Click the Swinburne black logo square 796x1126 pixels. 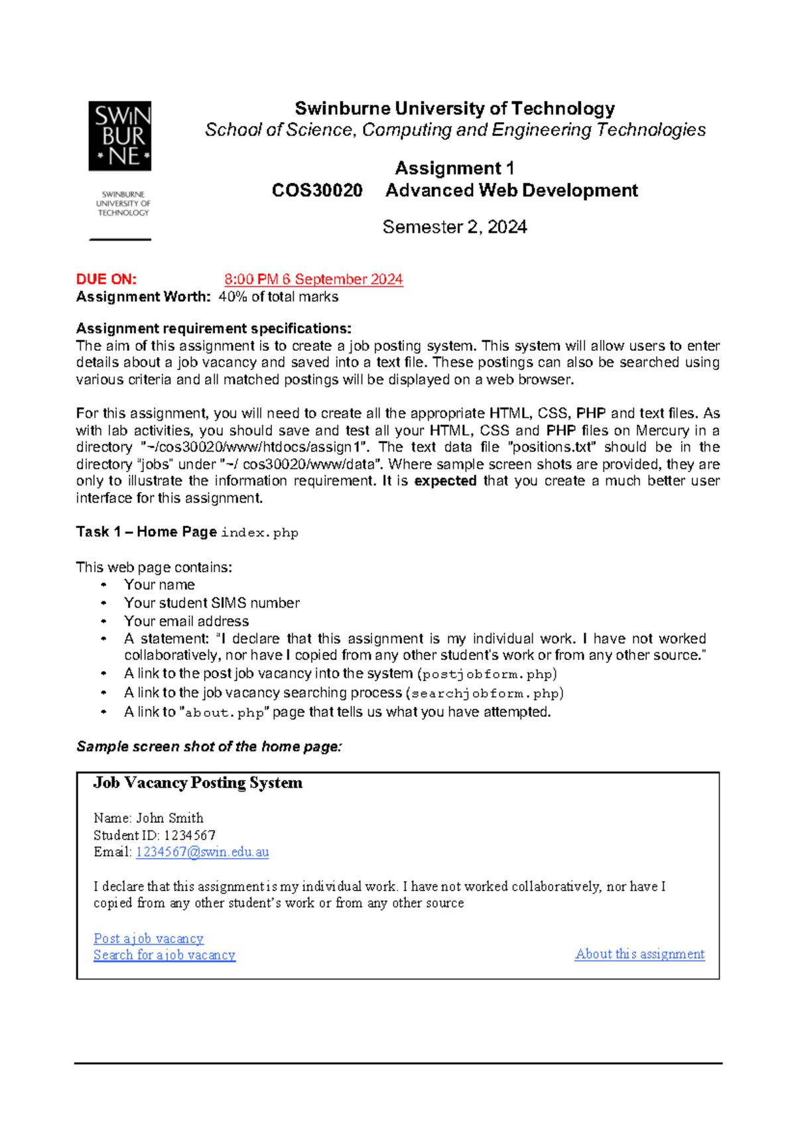coord(120,136)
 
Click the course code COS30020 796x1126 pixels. coord(317,191)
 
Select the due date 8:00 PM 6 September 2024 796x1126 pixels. coord(313,279)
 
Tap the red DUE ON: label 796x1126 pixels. coord(106,279)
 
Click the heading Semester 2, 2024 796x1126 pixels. coord(454,227)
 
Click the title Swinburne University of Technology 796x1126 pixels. coord(454,108)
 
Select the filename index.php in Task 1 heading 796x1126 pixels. coord(259,533)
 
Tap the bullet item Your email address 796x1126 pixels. coord(186,621)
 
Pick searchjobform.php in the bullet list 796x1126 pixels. coord(485,694)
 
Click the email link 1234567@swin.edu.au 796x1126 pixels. coord(202,852)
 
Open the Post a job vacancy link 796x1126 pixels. coord(149,938)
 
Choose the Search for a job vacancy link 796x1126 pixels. coord(165,955)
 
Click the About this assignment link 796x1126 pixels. coord(639,954)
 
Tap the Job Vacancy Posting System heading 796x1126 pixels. coord(198,783)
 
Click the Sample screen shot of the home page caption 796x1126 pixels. coord(209,747)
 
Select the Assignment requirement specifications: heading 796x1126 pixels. coord(214,329)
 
